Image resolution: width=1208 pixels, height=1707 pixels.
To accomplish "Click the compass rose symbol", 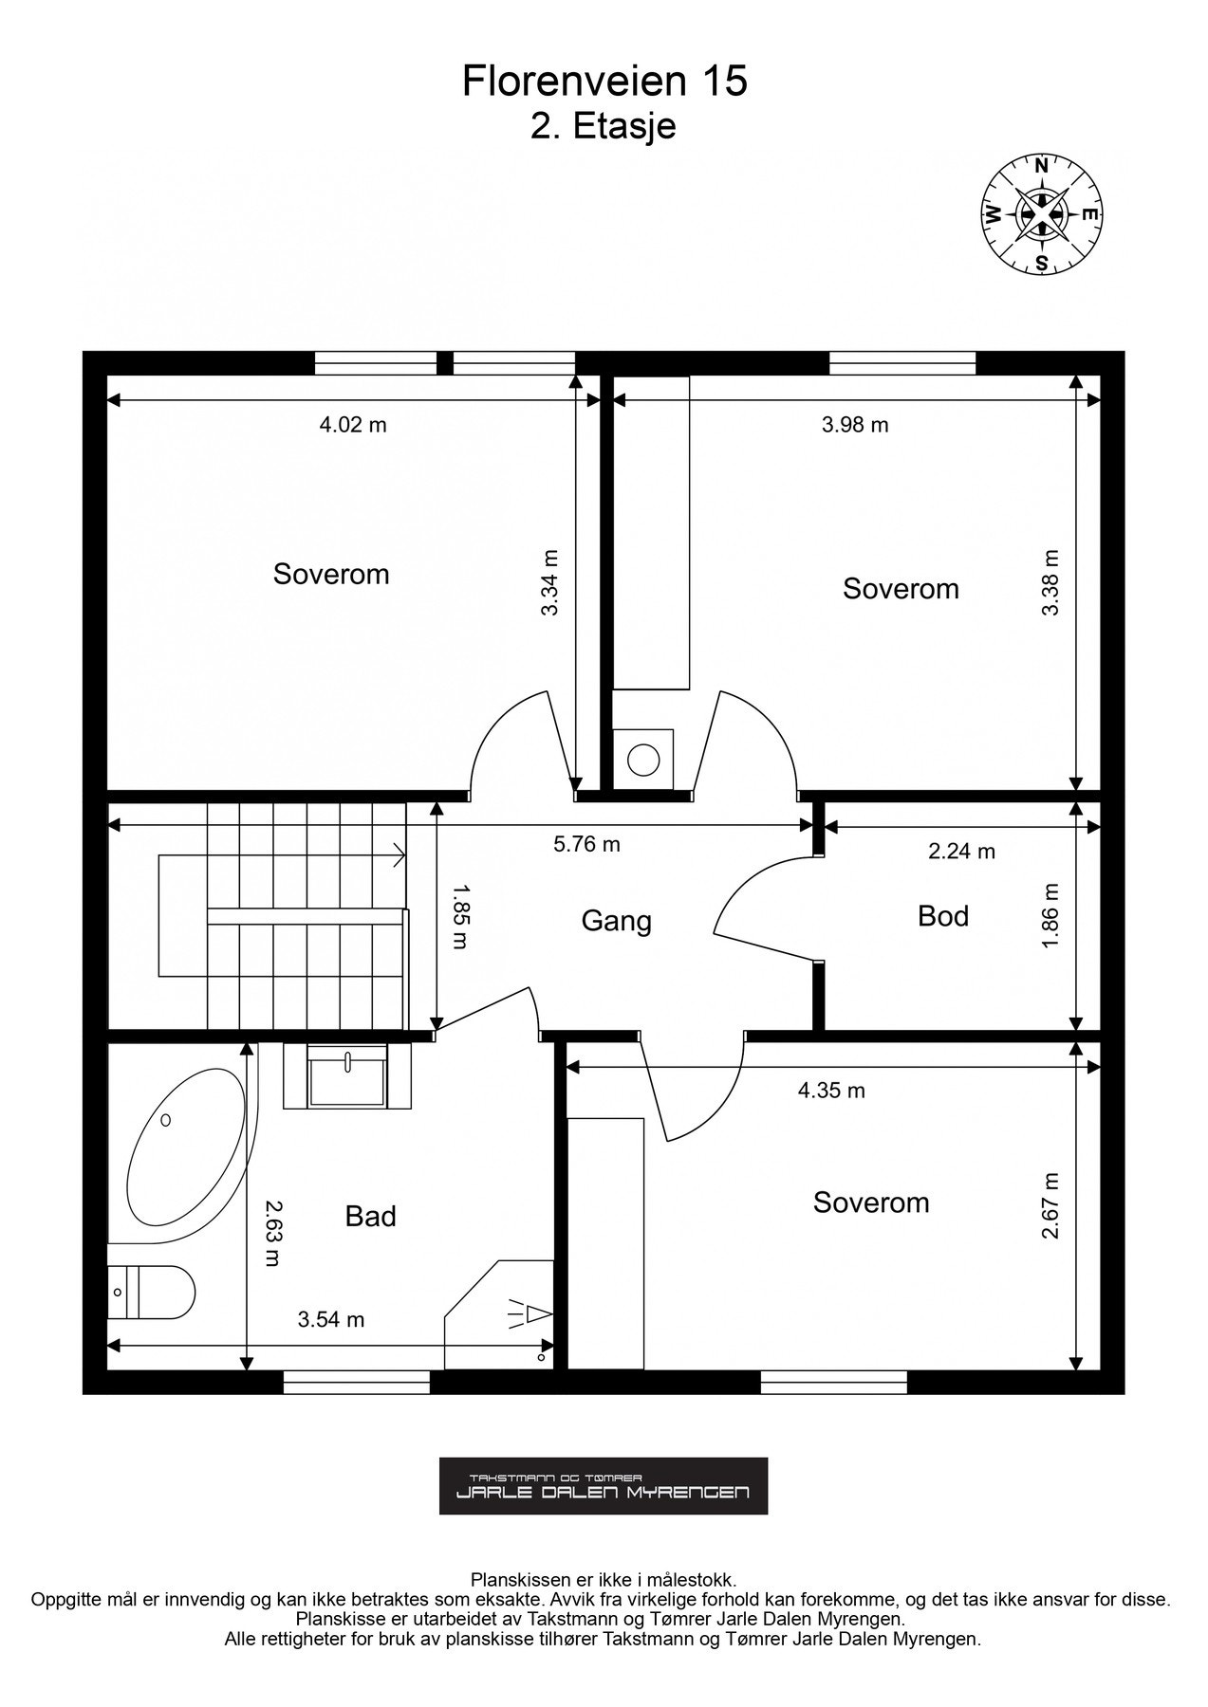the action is click(1041, 213).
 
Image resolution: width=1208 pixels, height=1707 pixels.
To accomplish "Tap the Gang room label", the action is click(616, 921).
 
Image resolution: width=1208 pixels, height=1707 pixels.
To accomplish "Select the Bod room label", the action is click(943, 916).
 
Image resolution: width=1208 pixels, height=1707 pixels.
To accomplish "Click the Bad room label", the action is click(370, 1216).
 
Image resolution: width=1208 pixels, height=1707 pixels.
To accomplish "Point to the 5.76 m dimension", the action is click(586, 843).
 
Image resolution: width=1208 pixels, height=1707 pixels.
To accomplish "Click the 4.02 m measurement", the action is click(353, 425).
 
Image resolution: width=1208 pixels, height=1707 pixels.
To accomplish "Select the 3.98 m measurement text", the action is click(855, 425).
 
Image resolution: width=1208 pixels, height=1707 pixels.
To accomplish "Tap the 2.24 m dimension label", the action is click(961, 852).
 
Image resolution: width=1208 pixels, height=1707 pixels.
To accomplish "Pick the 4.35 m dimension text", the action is click(831, 1091).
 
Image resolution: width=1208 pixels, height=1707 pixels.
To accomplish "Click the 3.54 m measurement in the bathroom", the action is click(331, 1319).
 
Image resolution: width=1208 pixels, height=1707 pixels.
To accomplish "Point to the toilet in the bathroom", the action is click(151, 1292).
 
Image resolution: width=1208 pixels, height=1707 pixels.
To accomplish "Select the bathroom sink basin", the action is click(348, 1075).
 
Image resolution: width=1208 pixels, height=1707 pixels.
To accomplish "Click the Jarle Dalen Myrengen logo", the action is click(604, 1486).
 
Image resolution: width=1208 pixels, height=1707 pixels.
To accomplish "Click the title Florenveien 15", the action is click(604, 82).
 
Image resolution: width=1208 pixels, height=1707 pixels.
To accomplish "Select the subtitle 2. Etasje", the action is click(604, 126).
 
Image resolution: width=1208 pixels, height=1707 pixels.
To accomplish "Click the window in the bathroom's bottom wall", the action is click(358, 1382).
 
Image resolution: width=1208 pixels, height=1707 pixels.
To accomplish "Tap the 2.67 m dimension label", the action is click(1049, 1205).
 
